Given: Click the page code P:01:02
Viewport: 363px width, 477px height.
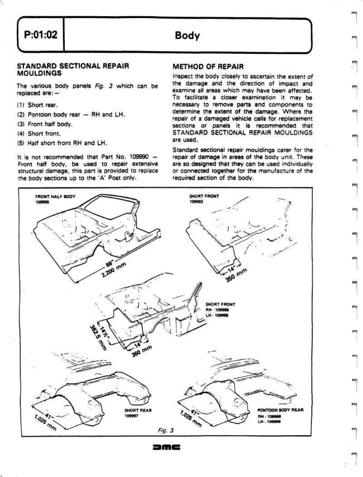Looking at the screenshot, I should (x=40, y=35).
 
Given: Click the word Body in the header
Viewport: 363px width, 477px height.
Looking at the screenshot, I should (x=187, y=36).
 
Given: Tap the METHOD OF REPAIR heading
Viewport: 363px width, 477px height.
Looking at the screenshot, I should (x=208, y=66).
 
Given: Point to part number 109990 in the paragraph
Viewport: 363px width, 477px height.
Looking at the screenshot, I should (x=139, y=157).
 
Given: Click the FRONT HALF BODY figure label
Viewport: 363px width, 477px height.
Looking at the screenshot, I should (x=56, y=197).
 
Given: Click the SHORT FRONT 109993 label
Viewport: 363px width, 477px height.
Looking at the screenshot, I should (x=204, y=198).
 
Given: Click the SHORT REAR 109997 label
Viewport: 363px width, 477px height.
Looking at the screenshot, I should (x=138, y=412).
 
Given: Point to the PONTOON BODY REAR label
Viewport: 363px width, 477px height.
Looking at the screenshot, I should (x=280, y=410).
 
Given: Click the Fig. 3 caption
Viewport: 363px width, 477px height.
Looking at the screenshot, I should (x=165, y=430).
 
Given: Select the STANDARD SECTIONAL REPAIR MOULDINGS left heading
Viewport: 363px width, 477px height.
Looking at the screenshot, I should (x=73, y=69).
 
